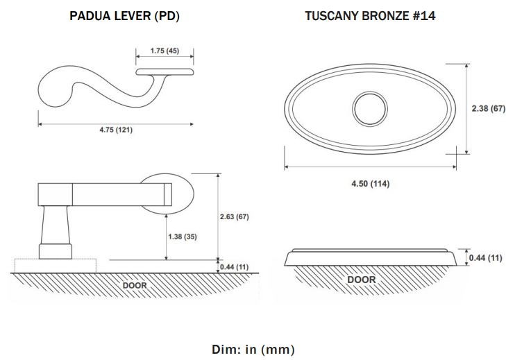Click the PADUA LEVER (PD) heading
(x=124, y=16)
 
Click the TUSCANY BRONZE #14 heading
(x=370, y=16)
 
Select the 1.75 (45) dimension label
(x=165, y=51)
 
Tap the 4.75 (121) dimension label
(x=116, y=130)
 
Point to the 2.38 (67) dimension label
(x=488, y=108)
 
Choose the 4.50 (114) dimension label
(x=371, y=184)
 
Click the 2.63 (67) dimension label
(x=235, y=217)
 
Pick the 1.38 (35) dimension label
(x=183, y=237)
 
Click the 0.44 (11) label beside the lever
(x=235, y=267)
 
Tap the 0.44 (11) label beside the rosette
(x=485, y=258)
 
